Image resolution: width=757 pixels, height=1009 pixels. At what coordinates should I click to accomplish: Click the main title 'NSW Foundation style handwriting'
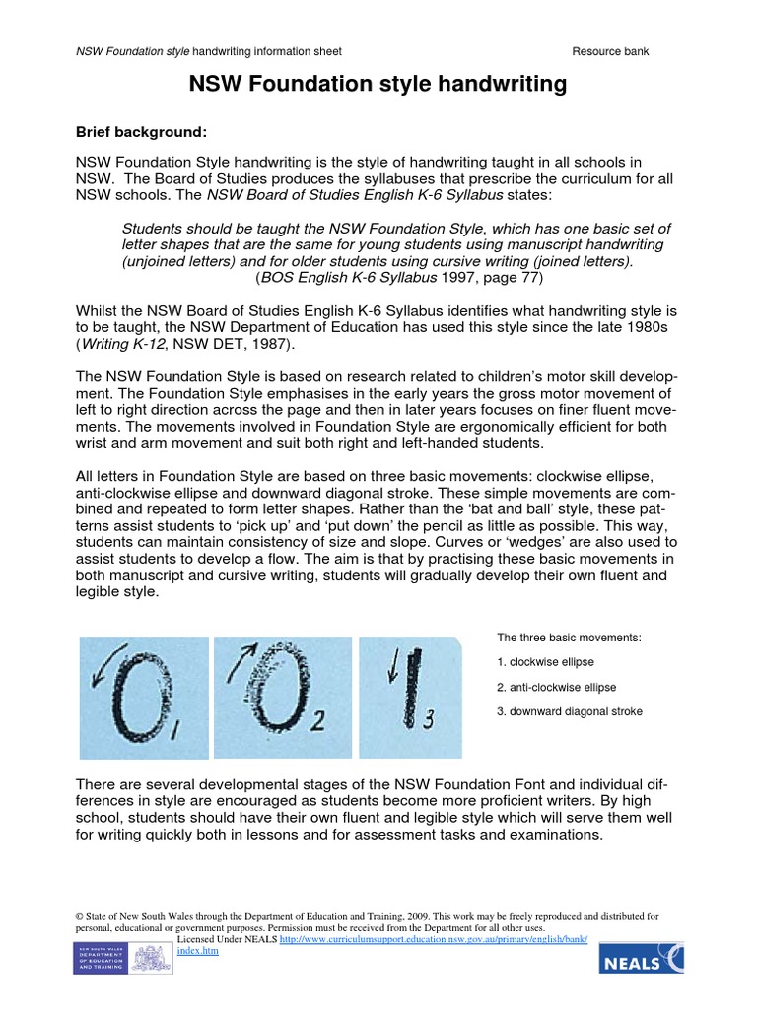click(x=378, y=86)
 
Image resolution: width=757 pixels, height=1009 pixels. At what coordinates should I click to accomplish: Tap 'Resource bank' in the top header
click(x=610, y=51)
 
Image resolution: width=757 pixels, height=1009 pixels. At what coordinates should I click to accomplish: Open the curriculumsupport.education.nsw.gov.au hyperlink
click(x=434, y=940)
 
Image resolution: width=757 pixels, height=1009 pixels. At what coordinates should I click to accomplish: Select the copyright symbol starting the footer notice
click(x=80, y=916)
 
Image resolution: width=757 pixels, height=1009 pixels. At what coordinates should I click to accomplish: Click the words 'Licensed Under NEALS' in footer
click(x=227, y=940)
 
